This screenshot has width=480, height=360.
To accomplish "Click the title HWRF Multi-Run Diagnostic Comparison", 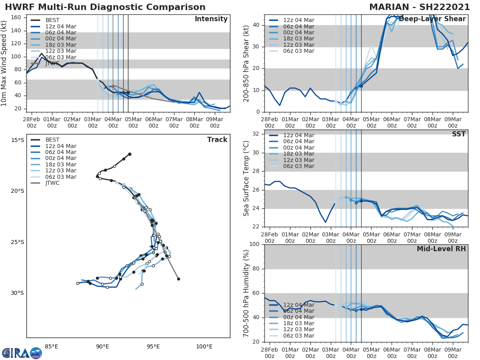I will pos(105,7).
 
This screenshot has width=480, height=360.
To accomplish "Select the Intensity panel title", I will pos(211,19).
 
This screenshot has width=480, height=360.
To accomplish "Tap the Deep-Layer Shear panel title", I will pos(432,19).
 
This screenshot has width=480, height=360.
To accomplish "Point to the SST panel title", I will pos(458,134).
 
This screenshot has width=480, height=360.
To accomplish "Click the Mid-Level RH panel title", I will pos(441,249).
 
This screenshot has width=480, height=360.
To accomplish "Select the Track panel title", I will pos(217,140).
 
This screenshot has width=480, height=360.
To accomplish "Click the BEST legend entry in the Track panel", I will pos(52,140).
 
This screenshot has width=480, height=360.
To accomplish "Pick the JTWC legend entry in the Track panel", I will pos(52,183).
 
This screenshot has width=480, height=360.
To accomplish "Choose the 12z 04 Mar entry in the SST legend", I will pos(298,135).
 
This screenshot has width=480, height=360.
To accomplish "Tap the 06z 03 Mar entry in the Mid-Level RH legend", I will pos(298,336).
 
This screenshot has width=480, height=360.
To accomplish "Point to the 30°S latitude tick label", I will pos(18,293).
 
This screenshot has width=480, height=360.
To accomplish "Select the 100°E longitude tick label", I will pos(204,346).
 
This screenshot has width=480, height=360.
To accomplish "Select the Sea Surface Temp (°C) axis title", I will pos(246,178).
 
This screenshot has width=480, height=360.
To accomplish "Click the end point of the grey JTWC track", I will pos(178,279).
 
